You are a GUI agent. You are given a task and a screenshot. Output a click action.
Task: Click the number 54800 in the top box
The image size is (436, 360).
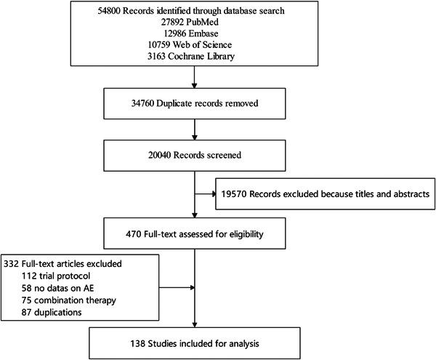click(x=119, y=12)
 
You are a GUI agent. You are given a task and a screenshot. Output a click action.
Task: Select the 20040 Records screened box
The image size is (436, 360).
click(x=195, y=154)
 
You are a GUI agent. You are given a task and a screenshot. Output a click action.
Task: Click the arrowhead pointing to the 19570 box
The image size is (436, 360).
click(x=214, y=194)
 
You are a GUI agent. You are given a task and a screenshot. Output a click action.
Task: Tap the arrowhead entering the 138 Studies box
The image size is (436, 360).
click(x=195, y=324)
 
